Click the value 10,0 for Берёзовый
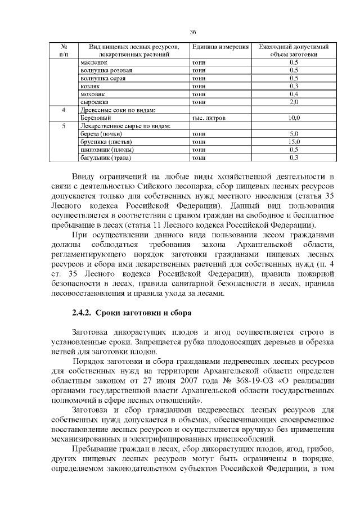[293, 118]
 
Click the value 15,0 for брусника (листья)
[293, 142]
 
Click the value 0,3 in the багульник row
[293, 158]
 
